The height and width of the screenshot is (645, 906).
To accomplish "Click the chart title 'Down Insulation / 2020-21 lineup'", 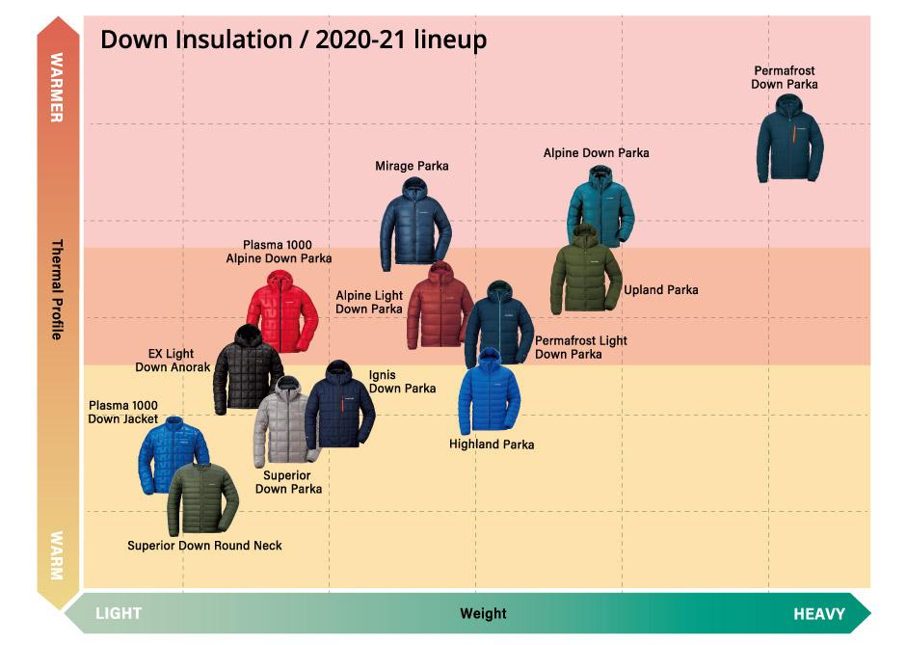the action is [x=294, y=40].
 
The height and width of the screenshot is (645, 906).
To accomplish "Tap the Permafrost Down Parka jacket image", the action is [x=790, y=139].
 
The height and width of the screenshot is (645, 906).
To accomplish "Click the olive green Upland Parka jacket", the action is [x=585, y=271].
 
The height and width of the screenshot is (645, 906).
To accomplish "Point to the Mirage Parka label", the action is [x=412, y=166].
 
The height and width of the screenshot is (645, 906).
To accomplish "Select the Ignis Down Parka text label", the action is [x=402, y=382].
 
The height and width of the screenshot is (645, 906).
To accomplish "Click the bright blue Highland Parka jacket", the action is [x=489, y=391].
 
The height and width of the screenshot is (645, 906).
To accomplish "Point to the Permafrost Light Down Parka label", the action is [x=580, y=347].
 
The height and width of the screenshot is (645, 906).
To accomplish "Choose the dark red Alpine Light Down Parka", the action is [x=440, y=307].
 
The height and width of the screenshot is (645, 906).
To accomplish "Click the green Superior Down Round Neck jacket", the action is [x=202, y=498].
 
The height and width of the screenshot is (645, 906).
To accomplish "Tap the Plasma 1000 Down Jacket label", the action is [x=122, y=412].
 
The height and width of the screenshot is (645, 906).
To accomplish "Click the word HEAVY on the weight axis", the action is [x=819, y=614].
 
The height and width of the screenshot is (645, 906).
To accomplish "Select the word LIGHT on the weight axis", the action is [x=119, y=613].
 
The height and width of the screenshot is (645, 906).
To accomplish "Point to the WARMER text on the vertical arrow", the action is [x=57, y=88].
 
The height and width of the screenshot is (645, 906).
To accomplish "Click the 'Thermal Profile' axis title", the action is [x=57, y=289].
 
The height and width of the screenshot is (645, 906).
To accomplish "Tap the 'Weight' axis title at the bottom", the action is [x=483, y=613].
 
